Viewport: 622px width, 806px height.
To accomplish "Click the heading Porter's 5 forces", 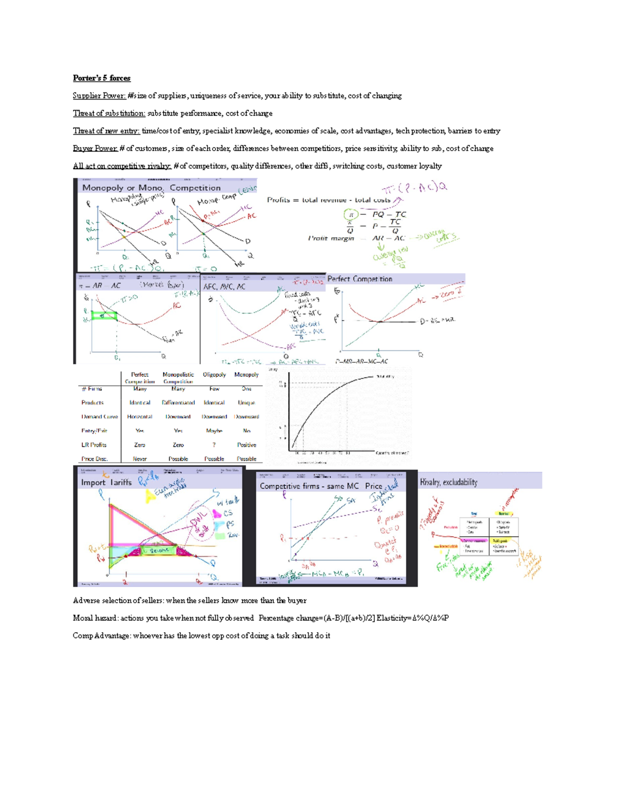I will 102,78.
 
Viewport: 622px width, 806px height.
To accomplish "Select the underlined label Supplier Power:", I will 99,96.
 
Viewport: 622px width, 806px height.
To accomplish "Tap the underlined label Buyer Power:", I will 95,148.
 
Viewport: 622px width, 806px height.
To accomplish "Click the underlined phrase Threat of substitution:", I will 109,114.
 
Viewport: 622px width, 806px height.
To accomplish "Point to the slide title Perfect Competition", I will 360,279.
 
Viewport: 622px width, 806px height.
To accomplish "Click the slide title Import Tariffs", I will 106,483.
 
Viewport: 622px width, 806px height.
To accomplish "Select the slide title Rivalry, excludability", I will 448,482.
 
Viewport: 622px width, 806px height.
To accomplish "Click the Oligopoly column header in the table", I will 214,375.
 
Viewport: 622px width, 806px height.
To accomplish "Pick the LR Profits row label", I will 94,445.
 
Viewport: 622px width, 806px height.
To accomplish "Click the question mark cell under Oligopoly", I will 214,445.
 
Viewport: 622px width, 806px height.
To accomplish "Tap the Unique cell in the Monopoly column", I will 246,403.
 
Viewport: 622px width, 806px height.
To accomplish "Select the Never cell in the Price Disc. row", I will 139,459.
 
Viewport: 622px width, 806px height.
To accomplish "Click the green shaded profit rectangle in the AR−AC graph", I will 104,316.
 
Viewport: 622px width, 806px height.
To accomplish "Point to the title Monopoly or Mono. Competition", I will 151,188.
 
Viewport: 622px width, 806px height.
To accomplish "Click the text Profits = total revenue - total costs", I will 329,200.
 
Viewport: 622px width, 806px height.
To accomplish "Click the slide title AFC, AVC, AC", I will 224,286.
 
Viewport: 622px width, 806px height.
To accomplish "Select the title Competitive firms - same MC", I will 309,486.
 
